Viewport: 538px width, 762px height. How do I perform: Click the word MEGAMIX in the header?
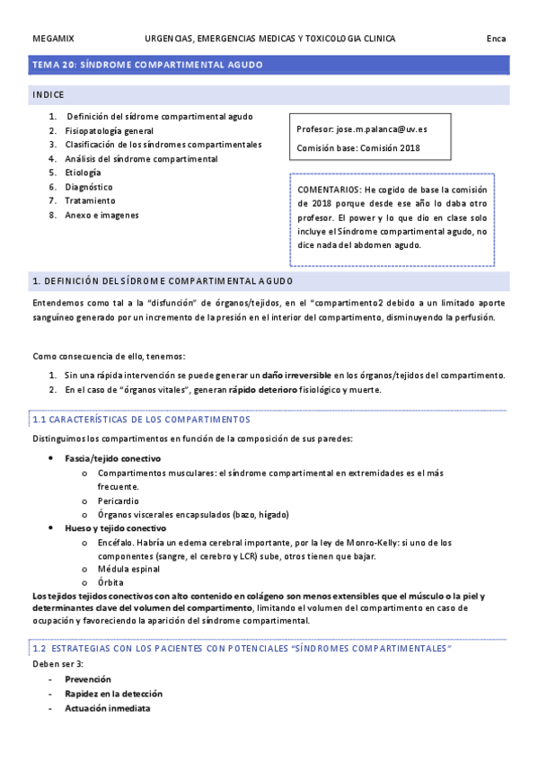tap(53, 39)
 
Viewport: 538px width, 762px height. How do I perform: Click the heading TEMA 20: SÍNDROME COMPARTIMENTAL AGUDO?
tap(147, 65)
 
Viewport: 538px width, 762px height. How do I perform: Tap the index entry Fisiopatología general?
tap(109, 130)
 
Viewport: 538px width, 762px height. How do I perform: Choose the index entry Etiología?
tap(83, 173)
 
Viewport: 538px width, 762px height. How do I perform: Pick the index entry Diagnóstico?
tap(89, 187)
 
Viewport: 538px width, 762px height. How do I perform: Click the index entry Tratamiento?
tap(90, 200)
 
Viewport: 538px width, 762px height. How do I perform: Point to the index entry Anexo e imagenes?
tap(101, 215)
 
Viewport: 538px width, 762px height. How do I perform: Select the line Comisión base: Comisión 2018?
tap(357, 148)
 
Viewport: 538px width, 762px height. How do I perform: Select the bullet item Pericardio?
tap(119, 501)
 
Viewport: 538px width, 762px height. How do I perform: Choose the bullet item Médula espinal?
tap(127, 570)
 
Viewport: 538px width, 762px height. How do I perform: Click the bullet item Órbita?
tap(112, 583)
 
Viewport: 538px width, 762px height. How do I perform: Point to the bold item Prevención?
tap(88, 679)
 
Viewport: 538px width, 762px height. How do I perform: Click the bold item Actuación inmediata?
tap(107, 708)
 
